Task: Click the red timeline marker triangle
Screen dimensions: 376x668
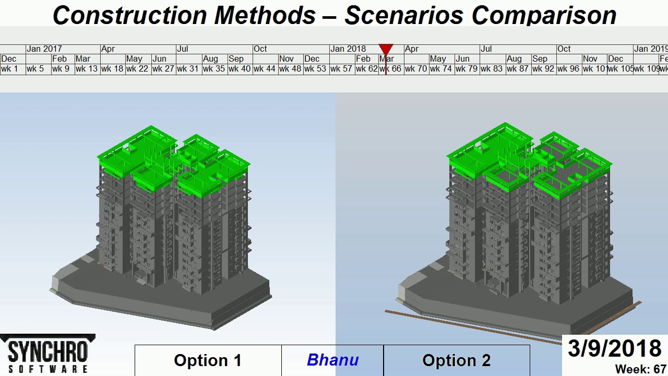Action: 386,50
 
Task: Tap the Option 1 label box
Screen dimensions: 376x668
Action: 208,360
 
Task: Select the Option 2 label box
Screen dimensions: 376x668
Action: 456,360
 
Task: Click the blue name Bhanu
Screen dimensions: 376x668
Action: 332,360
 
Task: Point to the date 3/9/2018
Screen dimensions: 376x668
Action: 614,349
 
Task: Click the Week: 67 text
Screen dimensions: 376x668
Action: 640,369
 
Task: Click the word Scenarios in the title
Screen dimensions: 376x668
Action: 402,16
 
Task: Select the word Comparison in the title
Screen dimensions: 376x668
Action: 544,16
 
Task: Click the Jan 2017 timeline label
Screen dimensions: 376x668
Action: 44,49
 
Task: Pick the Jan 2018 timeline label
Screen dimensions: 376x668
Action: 348,49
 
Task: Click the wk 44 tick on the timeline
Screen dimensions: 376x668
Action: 264,69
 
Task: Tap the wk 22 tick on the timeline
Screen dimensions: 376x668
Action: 137,69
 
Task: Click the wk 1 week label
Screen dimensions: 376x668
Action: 9,69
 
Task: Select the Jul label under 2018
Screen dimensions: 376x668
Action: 486,49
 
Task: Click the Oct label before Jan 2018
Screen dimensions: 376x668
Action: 260,49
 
